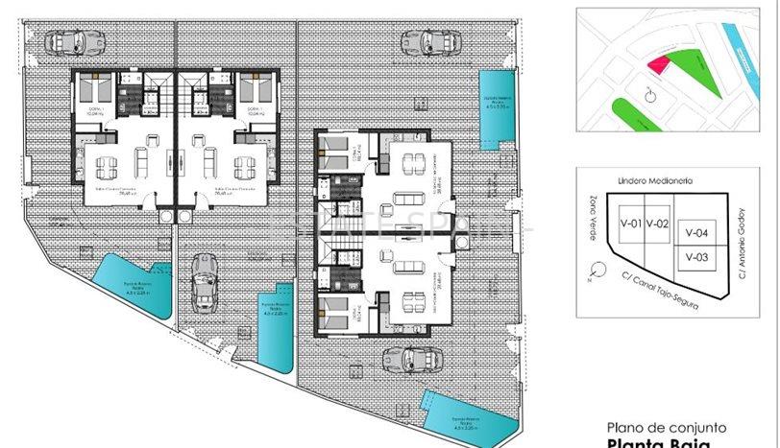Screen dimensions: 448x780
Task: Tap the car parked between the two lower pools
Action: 204,280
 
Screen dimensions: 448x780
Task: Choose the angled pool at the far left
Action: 135,285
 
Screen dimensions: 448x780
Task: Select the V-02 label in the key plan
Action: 657,224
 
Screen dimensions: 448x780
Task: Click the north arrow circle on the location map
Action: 649,96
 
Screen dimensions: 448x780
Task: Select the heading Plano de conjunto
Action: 667,428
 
